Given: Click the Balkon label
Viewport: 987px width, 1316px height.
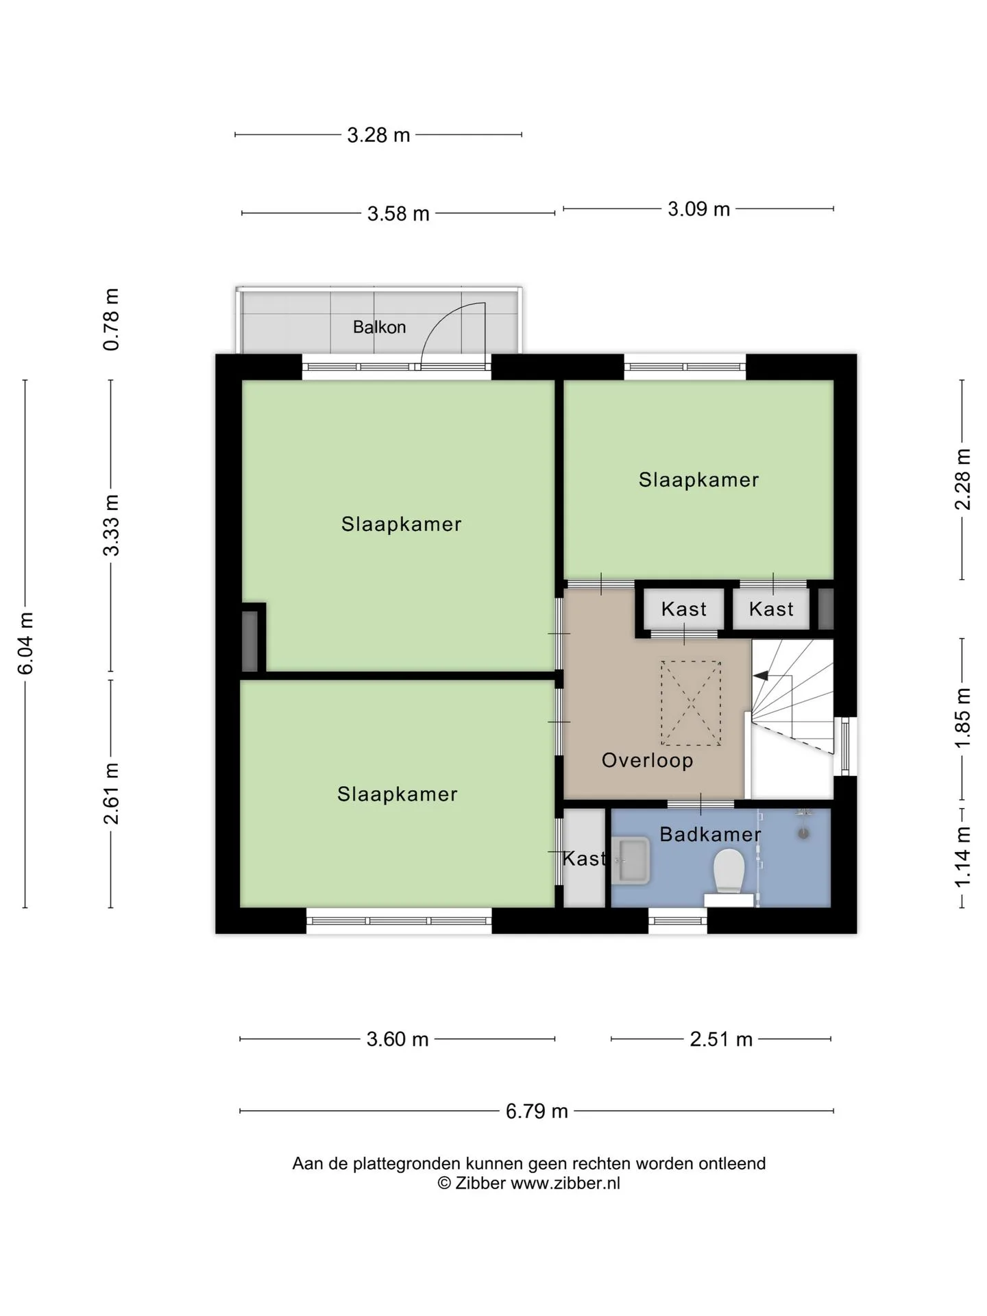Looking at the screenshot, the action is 379,327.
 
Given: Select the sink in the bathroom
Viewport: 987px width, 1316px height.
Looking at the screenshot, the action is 631,860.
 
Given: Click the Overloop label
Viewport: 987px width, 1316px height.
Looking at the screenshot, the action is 647,760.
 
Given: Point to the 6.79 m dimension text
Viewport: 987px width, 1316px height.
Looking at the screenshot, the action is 537,1111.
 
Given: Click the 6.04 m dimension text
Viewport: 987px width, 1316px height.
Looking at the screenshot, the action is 25,643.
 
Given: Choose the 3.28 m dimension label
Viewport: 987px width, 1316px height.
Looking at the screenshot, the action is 378,135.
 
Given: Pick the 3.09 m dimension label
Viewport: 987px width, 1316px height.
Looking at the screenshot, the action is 698,209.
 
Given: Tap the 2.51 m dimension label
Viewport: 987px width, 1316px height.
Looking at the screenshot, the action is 721,1039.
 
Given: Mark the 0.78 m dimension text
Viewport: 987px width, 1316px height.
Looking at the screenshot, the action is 111,319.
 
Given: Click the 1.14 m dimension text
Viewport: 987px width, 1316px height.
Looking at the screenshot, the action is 963,856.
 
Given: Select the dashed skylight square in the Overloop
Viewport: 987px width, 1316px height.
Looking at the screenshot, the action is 691,703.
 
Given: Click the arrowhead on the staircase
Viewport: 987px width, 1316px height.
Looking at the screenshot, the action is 760,676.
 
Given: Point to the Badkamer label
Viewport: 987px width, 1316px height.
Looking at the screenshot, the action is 710,834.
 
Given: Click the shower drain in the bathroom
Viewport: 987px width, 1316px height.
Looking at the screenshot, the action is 803,833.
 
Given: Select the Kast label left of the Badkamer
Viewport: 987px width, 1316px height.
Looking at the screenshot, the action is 584,858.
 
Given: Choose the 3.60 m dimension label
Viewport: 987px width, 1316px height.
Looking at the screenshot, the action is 398,1039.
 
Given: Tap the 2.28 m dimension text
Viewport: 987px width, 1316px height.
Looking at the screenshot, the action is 963,478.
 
